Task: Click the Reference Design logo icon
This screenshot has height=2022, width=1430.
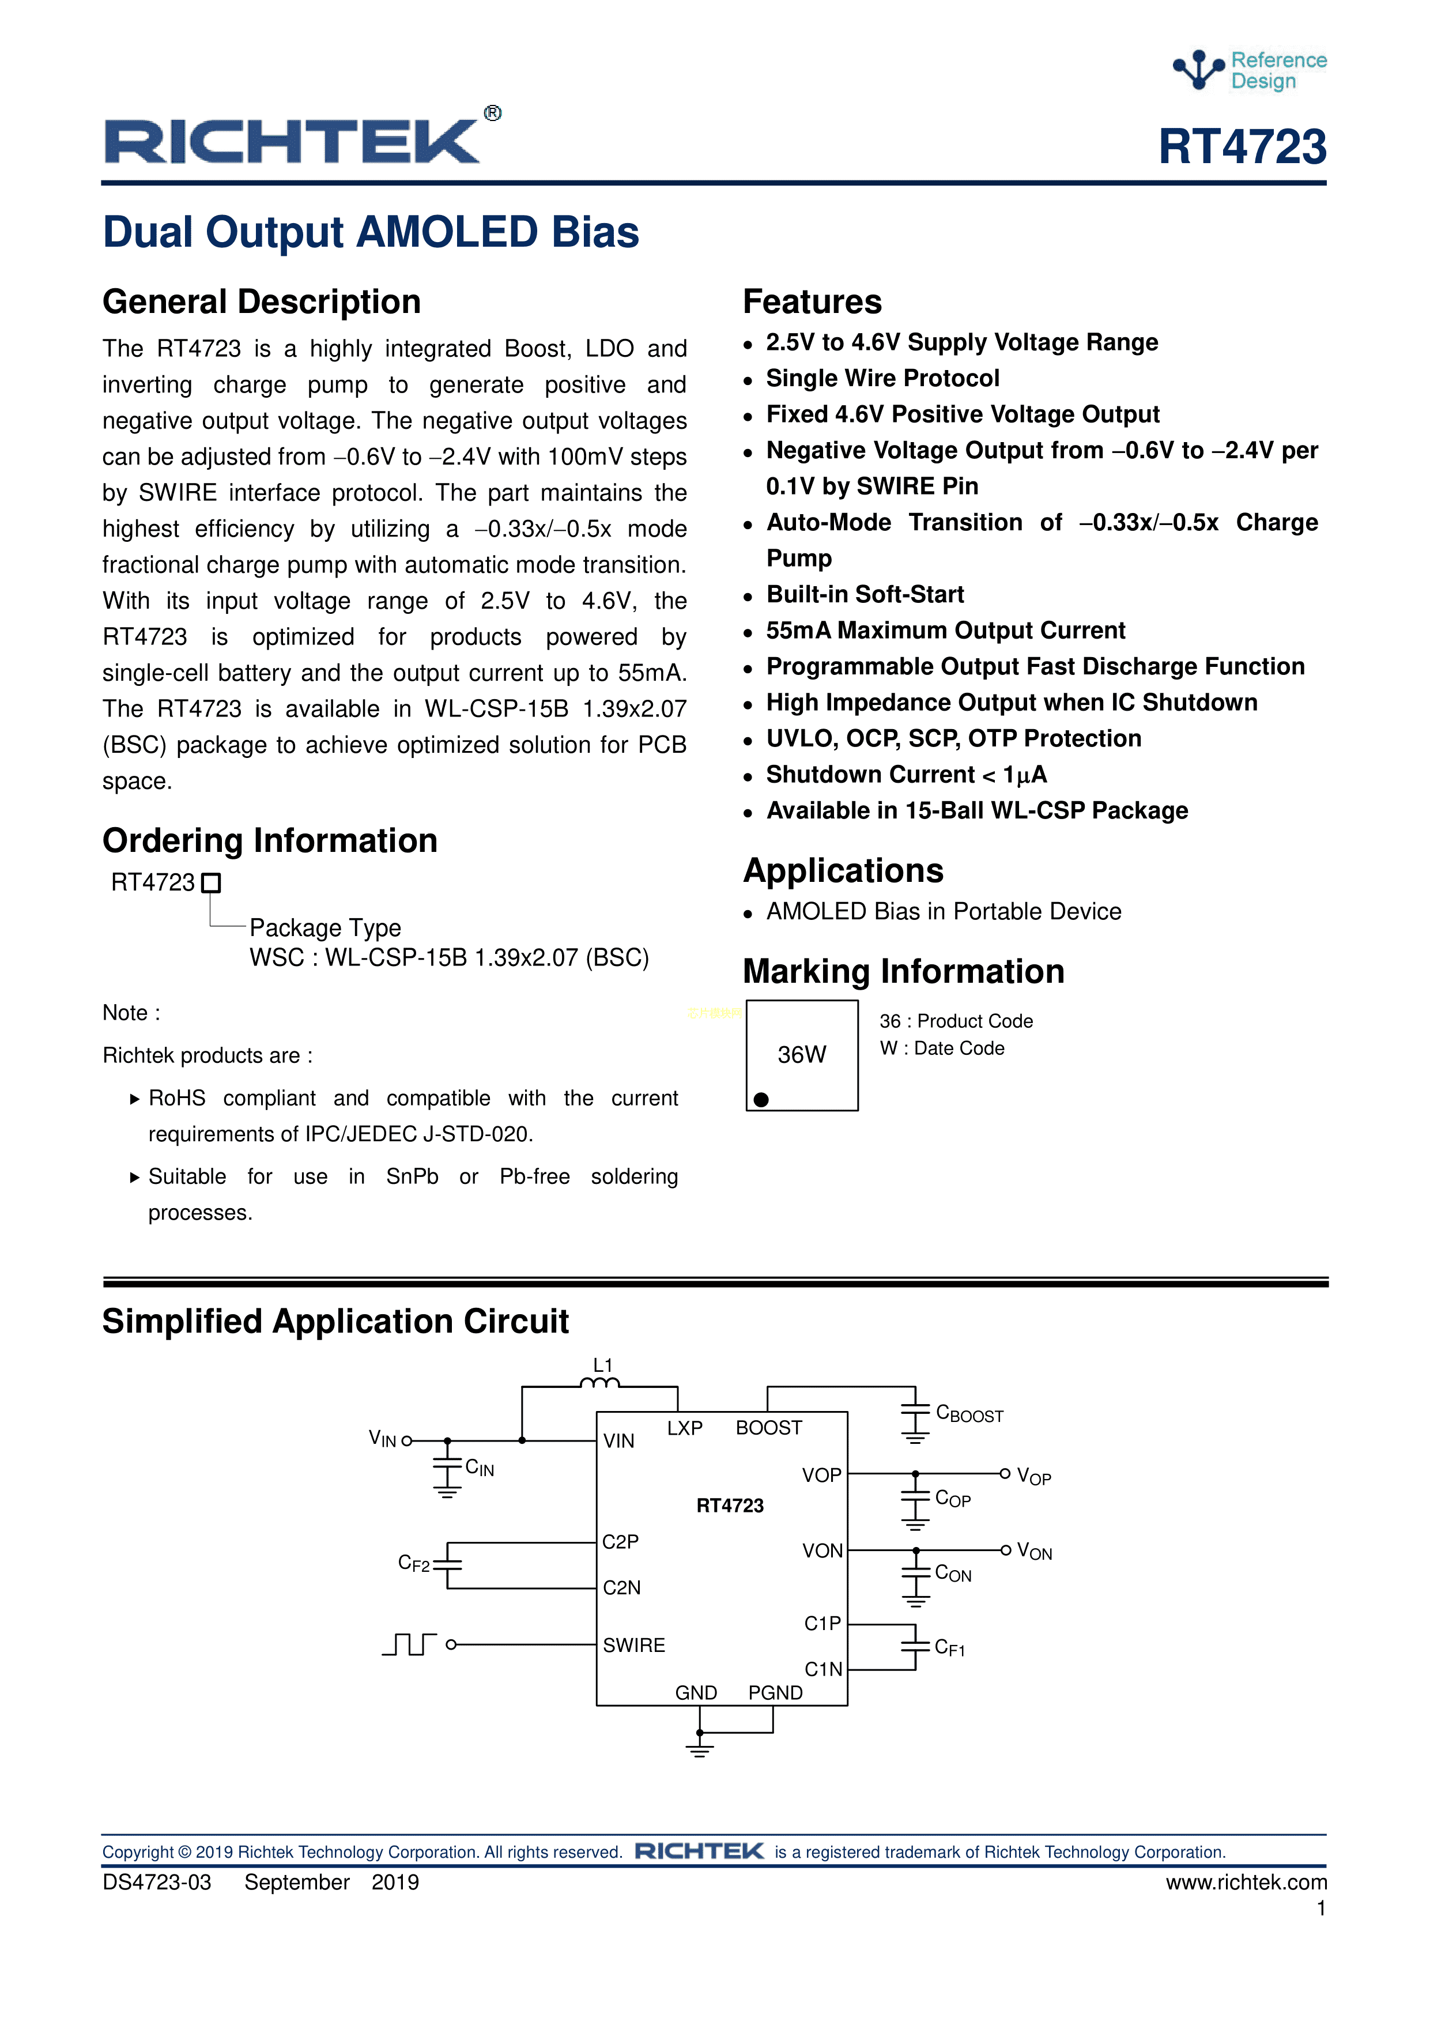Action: click(x=1198, y=70)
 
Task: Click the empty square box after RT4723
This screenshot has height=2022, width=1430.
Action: click(x=212, y=882)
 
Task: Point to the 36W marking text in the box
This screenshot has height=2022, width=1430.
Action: click(x=801, y=1054)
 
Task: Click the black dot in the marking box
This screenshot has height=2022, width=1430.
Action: click(x=761, y=1099)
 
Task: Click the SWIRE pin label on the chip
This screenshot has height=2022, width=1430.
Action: click(x=634, y=1645)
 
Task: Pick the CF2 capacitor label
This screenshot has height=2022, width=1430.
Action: click(x=414, y=1564)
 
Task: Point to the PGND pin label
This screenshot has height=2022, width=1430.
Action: click(x=775, y=1693)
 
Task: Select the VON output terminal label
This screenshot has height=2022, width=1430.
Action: click(x=1034, y=1551)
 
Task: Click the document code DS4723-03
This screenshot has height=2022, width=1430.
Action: click(x=157, y=1882)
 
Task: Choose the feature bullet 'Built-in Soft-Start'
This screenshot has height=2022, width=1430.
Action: click(x=865, y=594)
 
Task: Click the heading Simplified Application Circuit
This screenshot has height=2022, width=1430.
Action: click(x=335, y=1321)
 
